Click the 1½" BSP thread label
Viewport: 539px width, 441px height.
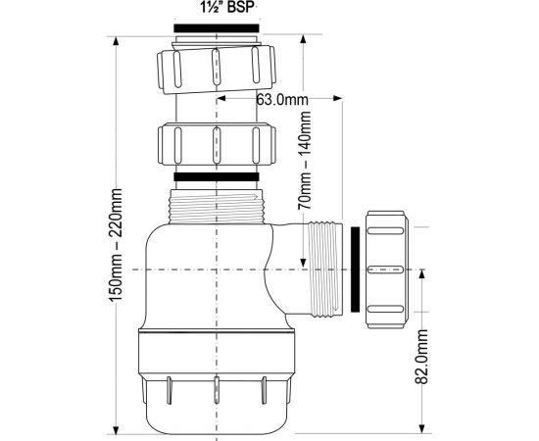pos(227,8)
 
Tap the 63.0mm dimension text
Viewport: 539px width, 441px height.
pos(282,100)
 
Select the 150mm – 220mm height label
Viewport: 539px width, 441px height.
pos(115,245)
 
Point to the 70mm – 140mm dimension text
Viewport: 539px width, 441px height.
pos(304,161)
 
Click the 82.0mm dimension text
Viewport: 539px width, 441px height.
pos(420,356)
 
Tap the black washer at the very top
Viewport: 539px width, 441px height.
pos(217,28)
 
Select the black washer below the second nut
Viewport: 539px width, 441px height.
pos(217,176)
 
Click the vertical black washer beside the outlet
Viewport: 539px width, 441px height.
pos(355,269)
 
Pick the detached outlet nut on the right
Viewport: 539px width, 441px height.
pos(387,269)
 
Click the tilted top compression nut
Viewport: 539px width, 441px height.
pos(217,68)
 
